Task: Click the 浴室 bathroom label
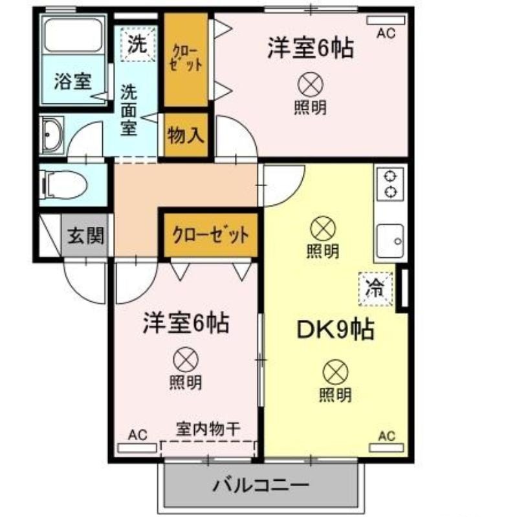pos(73,81)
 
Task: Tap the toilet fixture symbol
pos(63,185)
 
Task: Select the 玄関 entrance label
pos(86,235)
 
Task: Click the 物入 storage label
pos(186,135)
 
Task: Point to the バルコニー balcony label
pos(261,485)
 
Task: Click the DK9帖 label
pos(335,330)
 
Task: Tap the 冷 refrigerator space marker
pos(376,289)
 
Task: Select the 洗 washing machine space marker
pos(138,44)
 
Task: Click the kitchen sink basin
pos(390,241)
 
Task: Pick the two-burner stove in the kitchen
pos(390,184)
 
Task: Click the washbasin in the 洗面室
pos(52,135)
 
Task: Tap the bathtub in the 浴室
pos(73,36)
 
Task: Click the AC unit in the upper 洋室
pos(386,21)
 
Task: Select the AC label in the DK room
pos(387,436)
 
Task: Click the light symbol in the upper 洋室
pos(311,85)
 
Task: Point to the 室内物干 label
pos(208,429)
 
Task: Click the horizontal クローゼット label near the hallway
pos(211,235)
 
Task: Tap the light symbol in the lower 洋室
pos(186,360)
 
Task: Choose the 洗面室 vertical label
pos(129,110)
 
